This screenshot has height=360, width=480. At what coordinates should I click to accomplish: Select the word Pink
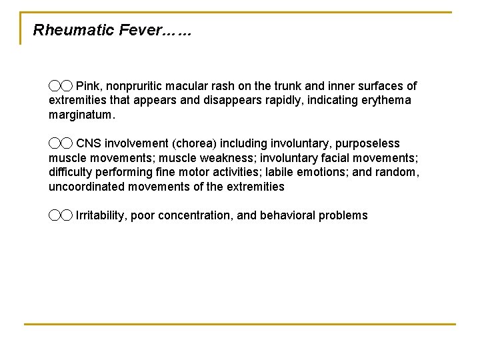[89, 86]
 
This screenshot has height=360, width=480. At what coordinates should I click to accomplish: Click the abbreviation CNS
[89, 143]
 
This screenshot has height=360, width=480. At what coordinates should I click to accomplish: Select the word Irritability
[100, 215]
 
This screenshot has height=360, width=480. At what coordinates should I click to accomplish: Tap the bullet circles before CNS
[60, 143]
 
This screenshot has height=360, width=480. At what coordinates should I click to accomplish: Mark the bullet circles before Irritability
[60, 215]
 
